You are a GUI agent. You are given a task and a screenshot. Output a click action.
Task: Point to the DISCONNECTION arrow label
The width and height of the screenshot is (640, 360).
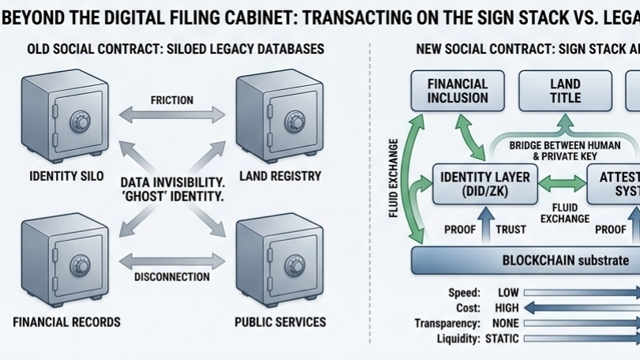[x=172, y=277]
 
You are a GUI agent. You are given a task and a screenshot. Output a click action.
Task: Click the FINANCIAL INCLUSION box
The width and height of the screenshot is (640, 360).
[x=458, y=91]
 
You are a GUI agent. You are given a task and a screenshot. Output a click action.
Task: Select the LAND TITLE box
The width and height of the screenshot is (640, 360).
[x=564, y=91]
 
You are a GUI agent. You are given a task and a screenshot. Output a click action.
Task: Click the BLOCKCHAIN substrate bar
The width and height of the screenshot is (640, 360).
[x=526, y=260]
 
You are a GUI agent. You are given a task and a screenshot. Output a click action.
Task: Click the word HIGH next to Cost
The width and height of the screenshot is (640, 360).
[x=506, y=308]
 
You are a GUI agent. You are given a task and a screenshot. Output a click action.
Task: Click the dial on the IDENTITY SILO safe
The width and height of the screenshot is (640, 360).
[x=79, y=121]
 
